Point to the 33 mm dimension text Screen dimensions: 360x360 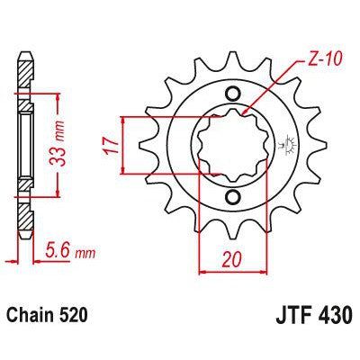(67, 142)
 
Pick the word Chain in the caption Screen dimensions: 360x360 (33, 318)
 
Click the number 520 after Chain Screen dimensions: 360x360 (79, 318)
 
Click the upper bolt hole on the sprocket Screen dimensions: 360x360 (234, 94)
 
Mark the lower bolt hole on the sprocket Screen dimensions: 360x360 (234, 197)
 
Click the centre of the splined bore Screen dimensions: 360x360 (234, 145)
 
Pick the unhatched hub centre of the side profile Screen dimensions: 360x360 (24, 144)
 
